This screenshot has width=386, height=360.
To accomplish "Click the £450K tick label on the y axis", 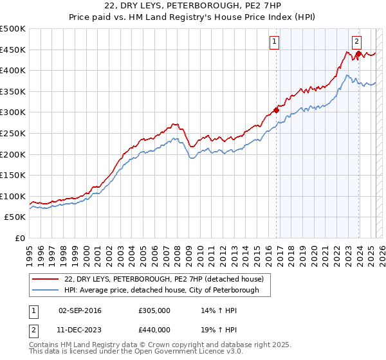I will (13, 50).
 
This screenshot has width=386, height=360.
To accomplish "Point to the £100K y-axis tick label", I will (13, 196).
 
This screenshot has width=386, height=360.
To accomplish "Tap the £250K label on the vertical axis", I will (13, 133).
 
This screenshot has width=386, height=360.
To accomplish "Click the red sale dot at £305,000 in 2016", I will (277, 110).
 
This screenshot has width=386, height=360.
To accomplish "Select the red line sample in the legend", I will (46, 279).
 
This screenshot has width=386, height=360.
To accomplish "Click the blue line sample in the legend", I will (46, 290).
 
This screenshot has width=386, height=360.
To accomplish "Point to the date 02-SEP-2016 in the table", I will (80, 310).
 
